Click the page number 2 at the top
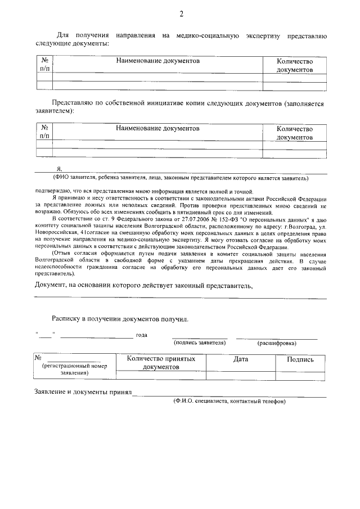click(x=181, y=14)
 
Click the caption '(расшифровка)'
click(x=277, y=343)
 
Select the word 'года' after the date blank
click(x=142, y=335)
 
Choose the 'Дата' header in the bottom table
click(x=240, y=359)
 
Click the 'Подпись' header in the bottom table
click(x=300, y=359)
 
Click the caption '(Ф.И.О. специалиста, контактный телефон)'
click(x=229, y=401)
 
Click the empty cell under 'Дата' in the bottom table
click(x=240, y=376)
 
